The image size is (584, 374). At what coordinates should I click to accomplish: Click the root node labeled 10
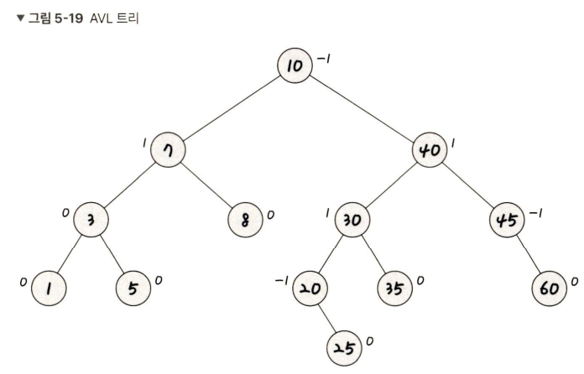tap(295, 65)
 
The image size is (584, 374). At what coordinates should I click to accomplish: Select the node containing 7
tap(168, 149)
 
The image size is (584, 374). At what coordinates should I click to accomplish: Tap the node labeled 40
tap(430, 149)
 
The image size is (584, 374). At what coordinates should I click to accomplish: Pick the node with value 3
tap(91, 220)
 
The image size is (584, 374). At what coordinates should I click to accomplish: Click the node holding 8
tap(245, 220)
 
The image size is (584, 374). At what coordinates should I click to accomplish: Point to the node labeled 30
tap(352, 220)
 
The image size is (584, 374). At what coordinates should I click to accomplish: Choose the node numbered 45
tap(507, 220)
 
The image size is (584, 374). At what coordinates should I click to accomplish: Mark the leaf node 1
tap(49, 288)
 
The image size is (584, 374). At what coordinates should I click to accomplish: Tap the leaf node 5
tap(133, 288)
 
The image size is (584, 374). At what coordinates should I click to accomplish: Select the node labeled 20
tap(310, 288)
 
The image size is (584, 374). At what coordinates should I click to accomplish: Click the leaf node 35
tap(395, 288)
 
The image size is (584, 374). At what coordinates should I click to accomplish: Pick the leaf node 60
tap(550, 288)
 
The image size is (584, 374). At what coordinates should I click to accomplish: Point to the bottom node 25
tap(344, 348)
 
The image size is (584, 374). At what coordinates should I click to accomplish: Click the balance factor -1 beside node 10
tap(323, 59)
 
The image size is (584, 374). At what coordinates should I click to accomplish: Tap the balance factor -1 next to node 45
tap(535, 213)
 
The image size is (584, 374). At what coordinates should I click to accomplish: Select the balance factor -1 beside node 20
tap(282, 280)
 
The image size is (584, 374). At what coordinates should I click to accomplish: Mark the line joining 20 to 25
tap(327, 318)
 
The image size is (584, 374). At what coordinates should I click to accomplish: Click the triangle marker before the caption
tap(20, 18)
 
